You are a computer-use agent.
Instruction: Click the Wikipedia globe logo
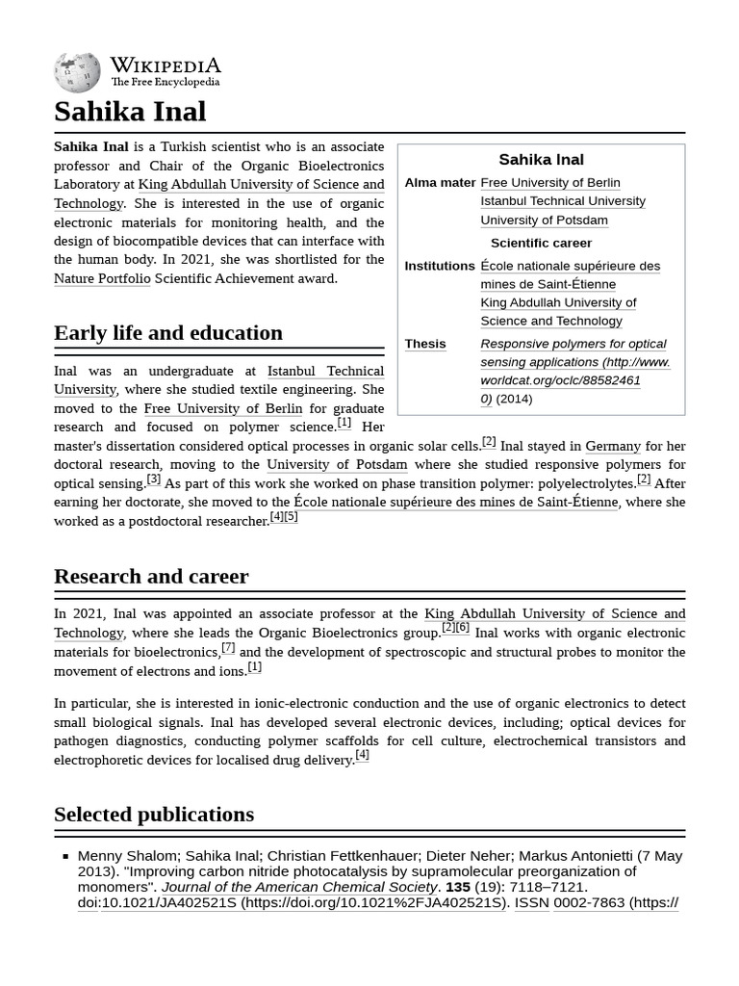tap(77, 72)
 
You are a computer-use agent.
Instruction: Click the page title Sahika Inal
tap(130, 112)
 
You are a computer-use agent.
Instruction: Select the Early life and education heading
tap(168, 333)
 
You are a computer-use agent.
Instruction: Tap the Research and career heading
tap(151, 577)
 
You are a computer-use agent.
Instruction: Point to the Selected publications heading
tap(154, 815)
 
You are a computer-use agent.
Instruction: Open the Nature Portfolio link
tap(102, 278)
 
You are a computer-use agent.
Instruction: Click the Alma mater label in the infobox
tap(440, 183)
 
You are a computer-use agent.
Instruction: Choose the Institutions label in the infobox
tap(440, 266)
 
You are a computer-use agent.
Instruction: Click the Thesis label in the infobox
tap(425, 344)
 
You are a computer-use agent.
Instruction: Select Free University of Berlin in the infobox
tap(550, 183)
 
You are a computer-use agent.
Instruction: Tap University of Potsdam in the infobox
tap(544, 220)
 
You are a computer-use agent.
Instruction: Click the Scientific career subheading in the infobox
tap(541, 243)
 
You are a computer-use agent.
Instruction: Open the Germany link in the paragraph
tap(613, 446)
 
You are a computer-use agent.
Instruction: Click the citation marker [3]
tap(154, 479)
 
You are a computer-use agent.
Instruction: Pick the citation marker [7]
tap(228, 647)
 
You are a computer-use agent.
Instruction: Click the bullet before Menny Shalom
tap(65, 856)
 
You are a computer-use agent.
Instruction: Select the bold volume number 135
tap(457, 887)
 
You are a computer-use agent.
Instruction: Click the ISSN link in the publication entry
tap(530, 903)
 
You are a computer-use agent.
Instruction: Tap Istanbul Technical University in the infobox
tap(563, 201)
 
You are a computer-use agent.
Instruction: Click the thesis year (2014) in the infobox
tap(514, 399)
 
